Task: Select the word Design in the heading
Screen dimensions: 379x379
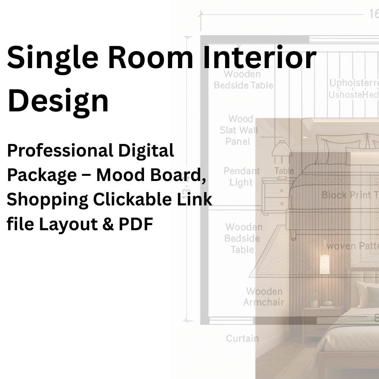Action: pos(58,101)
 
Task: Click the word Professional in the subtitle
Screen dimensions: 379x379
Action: pos(60,151)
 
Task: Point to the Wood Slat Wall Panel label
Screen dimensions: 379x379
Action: pos(238,130)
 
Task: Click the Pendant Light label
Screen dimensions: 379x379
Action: pos(241,177)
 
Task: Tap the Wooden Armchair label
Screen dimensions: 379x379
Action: pos(264,297)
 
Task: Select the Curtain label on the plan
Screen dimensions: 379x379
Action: pos(242,338)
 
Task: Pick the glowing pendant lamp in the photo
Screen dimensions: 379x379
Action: pos(325,264)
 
